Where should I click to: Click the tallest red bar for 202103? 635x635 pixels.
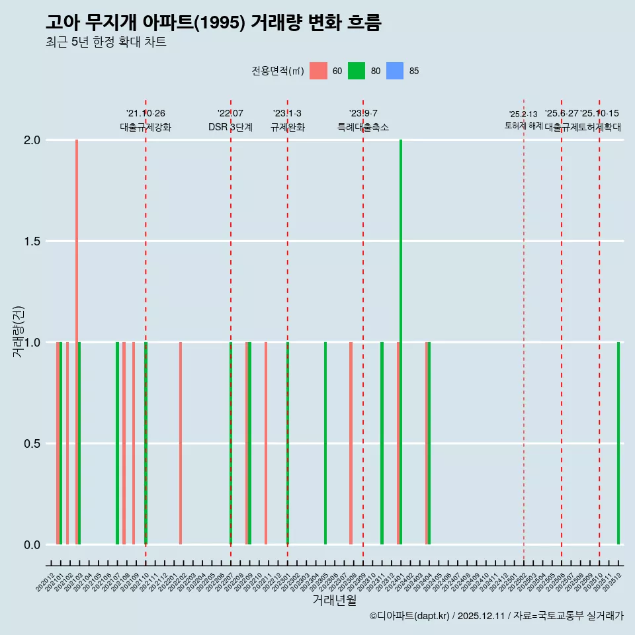pyautogui.click(x=77, y=342)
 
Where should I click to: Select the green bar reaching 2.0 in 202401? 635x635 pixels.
pyautogui.click(x=401, y=342)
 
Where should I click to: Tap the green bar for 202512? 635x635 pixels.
pyautogui.click(x=618, y=443)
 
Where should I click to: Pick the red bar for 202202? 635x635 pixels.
pyautogui.click(x=181, y=443)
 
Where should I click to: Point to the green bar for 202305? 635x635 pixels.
pyautogui.click(x=325, y=443)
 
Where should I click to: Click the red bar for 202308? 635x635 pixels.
pyautogui.click(x=351, y=443)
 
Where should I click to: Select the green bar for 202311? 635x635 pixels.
pyautogui.click(x=382, y=443)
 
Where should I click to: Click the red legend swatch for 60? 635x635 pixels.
pyautogui.click(x=318, y=71)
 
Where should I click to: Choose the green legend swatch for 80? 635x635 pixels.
pyautogui.click(x=357, y=71)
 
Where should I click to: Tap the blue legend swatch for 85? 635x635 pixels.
pyautogui.click(x=395, y=71)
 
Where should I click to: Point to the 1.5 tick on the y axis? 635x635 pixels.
pyautogui.click(x=31, y=241)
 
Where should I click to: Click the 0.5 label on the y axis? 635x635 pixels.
pyautogui.click(x=31, y=444)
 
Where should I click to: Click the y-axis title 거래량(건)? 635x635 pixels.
pyautogui.click(x=19, y=332)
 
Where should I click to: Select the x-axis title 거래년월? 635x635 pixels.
pyautogui.click(x=335, y=600)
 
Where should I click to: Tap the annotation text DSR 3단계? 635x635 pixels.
pyautogui.click(x=230, y=127)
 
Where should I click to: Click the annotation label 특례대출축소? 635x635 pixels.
pyautogui.click(x=363, y=127)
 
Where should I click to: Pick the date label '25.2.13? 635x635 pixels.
pyautogui.click(x=523, y=114)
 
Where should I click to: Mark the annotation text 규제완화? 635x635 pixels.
pyautogui.click(x=288, y=127)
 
